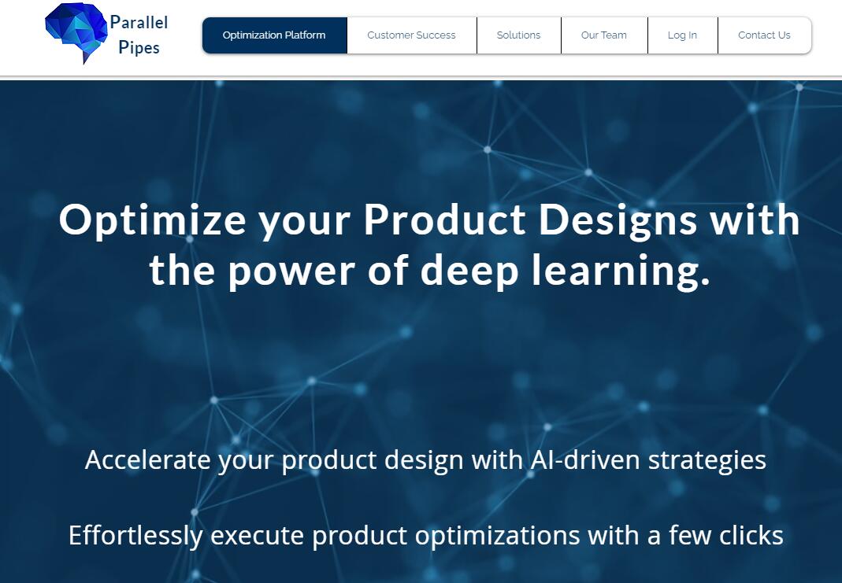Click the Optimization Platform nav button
tap(274, 35)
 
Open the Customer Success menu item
tap(411, 35)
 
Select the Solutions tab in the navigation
tap(519, 35)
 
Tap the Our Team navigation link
tap(604, 35)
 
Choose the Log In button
tap(683, 35)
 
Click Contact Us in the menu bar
tap(764, 35)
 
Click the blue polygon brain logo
tap(76, 32)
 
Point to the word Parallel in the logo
tap(139, 23)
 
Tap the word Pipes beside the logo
tap(139, 48)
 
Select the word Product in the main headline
tap(445, 220)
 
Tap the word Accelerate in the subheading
tap(147, 460)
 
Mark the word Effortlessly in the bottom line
tap(135, 536)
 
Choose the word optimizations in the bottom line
tap(497, 536)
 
